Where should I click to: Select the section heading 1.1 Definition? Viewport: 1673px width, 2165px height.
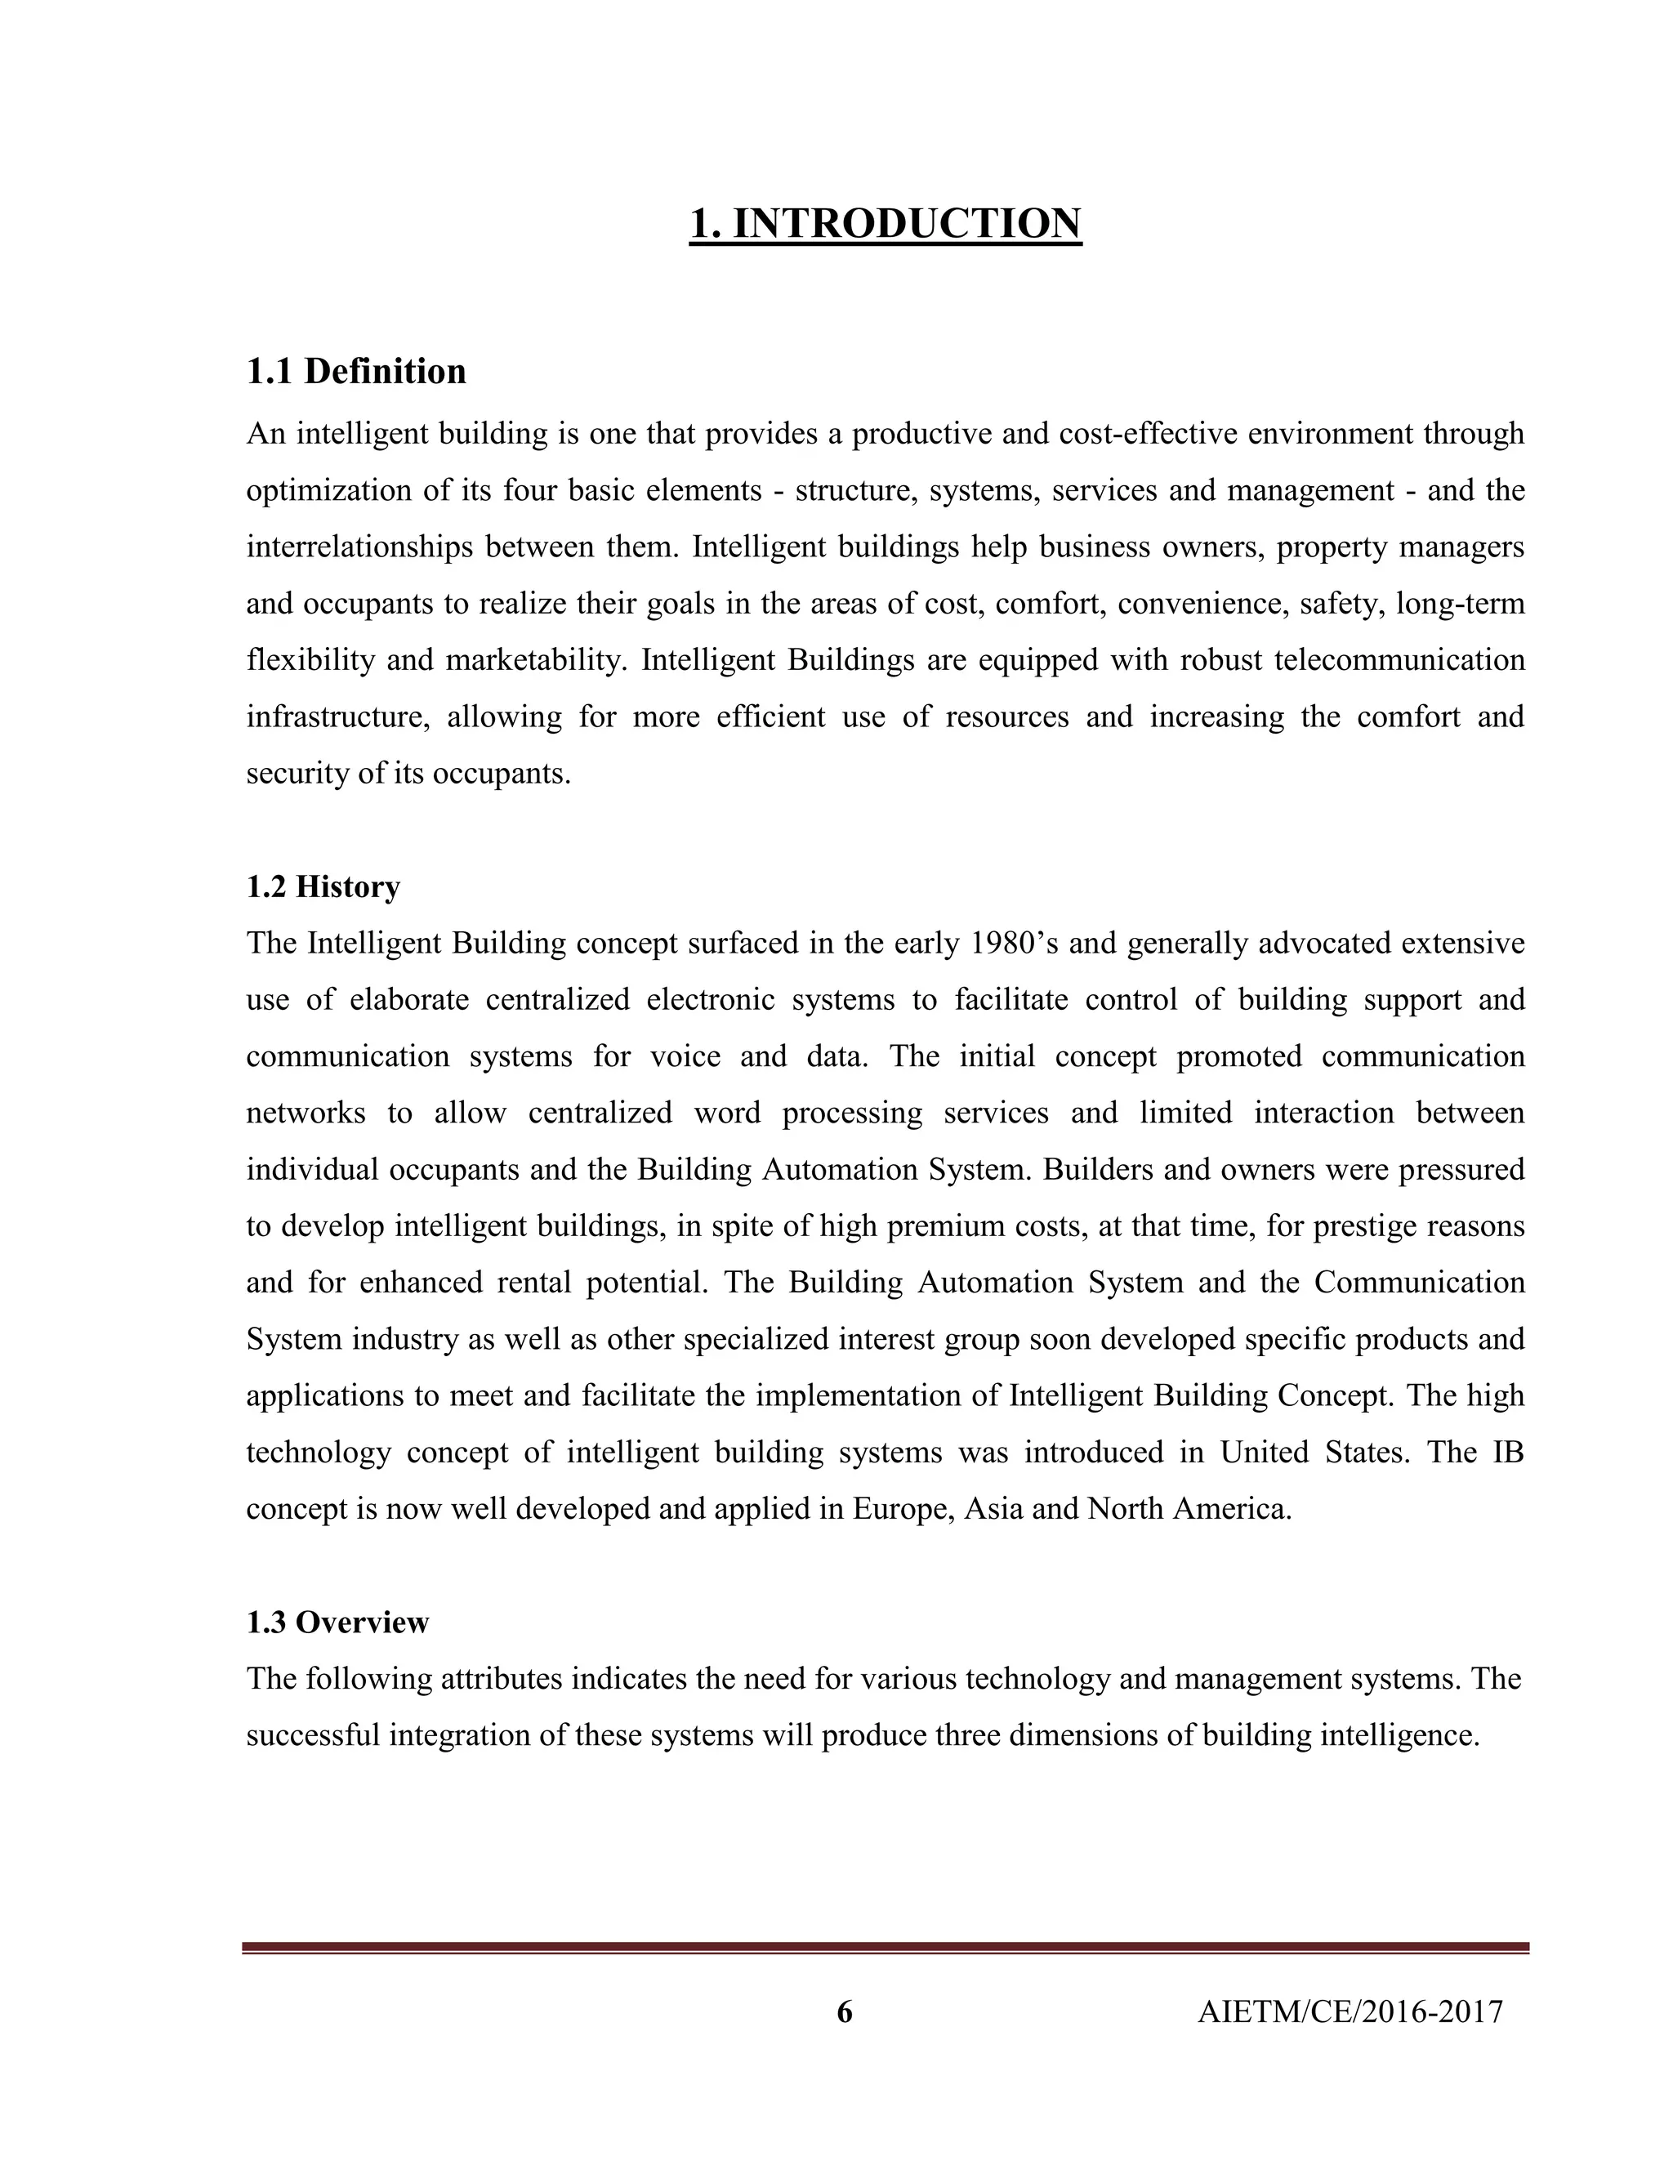tap(356, 372)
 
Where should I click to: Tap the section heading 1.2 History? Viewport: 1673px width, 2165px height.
tap(323, 886)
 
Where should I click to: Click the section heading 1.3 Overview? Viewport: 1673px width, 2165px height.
tap(337, 1623)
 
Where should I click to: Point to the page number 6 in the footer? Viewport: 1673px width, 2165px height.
tap(845, 2012)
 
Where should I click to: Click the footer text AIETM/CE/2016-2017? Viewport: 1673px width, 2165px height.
tap(1350, 2012)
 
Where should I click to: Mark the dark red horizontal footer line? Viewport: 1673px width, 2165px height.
tap(885, 1948)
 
